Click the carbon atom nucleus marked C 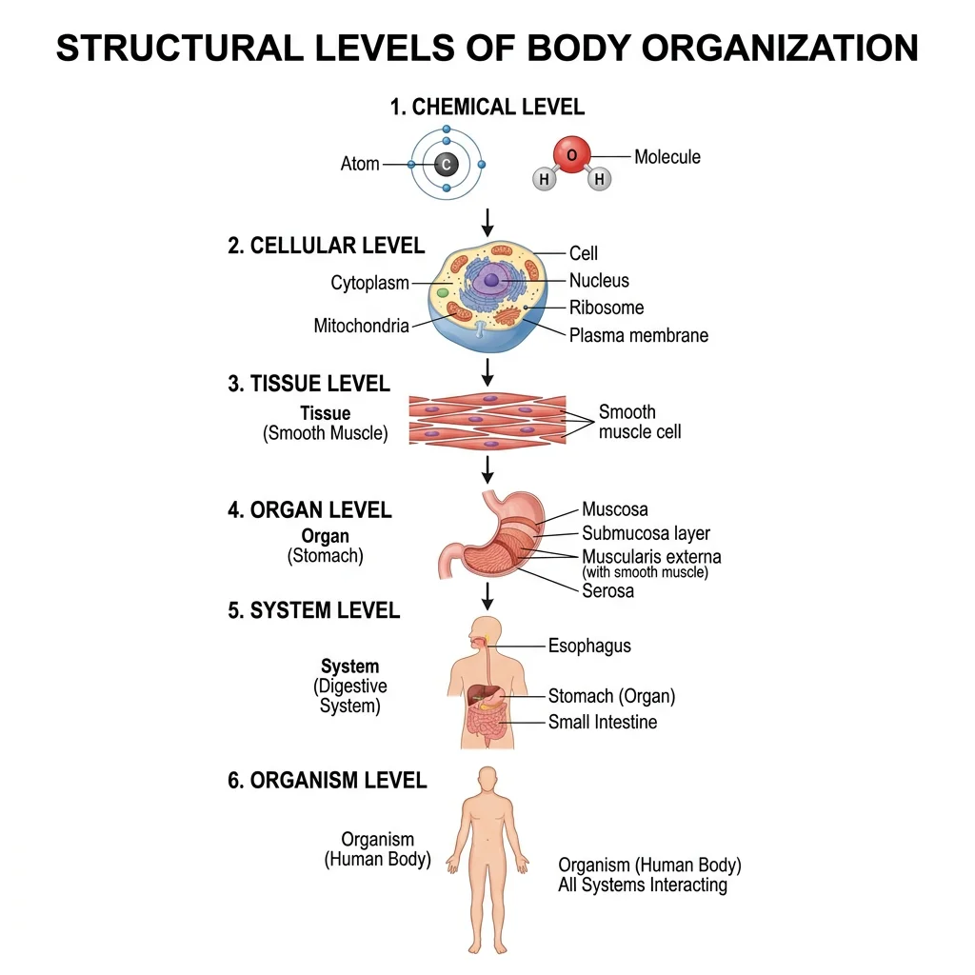click(x=446, y=165)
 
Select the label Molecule click(x=667, y=157)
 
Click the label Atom click(x=360, y=164)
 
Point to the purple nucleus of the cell click(x=491, y=280)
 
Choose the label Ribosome click(x=607, y=308)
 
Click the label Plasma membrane click(x=638, y=335)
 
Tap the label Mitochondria click(x=361, y=326)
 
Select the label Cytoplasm click(x=369, y=283)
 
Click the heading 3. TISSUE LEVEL click(x=308, y=384)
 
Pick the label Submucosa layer click(x=646, y=533)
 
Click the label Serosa click(x=607, y=590)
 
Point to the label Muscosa click(x=615, y=510)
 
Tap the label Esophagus click(x=589, y=646)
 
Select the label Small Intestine click(x=602, y=722)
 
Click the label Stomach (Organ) click(x=611, y=696)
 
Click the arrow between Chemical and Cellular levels click(x=487, y=222)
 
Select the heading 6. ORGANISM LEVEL click(x=327, y=781)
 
